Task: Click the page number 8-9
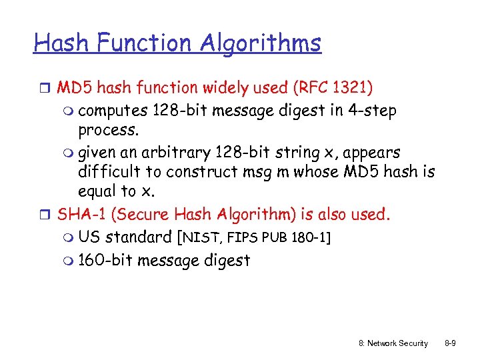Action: click(450, 343)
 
